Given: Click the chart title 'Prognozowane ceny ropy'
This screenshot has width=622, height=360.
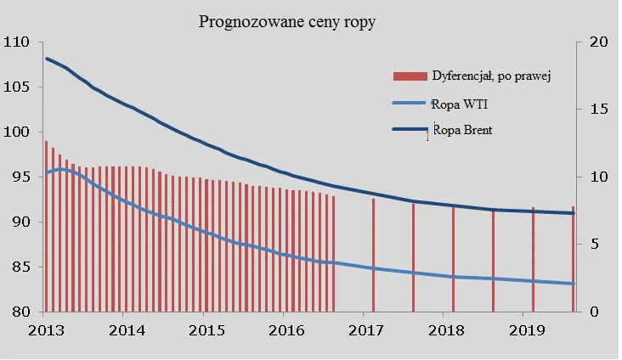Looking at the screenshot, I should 286,22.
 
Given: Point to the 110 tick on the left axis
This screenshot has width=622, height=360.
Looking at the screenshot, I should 16,42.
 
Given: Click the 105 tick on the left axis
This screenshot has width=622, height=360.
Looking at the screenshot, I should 16,87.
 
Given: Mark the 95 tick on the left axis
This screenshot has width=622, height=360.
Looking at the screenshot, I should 16,177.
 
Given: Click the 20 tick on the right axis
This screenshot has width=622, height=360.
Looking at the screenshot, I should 600,42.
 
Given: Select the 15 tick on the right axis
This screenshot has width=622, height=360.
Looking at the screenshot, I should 600,110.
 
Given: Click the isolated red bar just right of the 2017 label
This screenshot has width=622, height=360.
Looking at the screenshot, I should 373,255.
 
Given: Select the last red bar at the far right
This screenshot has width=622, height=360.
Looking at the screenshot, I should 573,259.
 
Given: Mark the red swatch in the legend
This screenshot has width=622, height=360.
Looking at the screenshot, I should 409,76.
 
